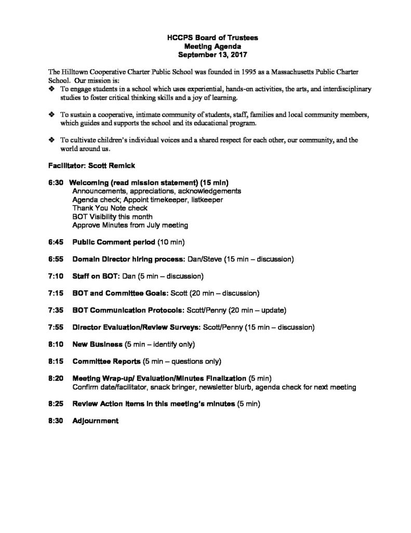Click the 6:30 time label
coord(54,182)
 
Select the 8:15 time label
coord(54,361)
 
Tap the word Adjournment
coord(96,421)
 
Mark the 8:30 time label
coord(54,421)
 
